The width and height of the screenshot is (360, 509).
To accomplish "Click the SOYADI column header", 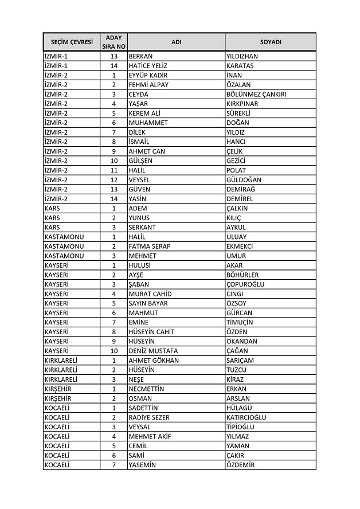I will pos(270,42).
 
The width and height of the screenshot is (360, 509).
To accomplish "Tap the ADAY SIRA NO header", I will pos(114,42).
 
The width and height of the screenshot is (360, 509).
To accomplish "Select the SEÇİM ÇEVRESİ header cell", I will pos(72,42).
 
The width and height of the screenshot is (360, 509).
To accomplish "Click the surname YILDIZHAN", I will pos(242,56).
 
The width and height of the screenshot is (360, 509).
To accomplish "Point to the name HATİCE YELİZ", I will pos(148,66).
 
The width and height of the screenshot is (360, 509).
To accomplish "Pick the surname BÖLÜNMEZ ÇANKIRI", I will pos(257,94).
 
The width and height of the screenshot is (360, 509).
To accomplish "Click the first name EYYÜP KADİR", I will pos(148,75).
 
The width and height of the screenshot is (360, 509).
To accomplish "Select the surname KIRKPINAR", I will pos(242,104).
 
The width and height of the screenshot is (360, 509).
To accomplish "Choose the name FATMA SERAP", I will pos(149,246).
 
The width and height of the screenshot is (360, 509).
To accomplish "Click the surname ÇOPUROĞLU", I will pos(245,284).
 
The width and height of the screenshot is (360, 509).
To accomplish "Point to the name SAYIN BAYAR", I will pos(148,303).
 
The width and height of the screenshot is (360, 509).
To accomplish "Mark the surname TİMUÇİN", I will pos(240,322).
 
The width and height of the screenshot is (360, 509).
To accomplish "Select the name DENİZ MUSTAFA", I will pos(153,351).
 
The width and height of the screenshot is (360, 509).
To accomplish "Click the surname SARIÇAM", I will pos(240,360).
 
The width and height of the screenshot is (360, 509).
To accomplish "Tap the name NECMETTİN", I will pos(146,389).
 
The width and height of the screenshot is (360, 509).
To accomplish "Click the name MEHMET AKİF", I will pos(149,436).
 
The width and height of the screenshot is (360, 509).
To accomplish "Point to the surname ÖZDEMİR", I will pos(240,465).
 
